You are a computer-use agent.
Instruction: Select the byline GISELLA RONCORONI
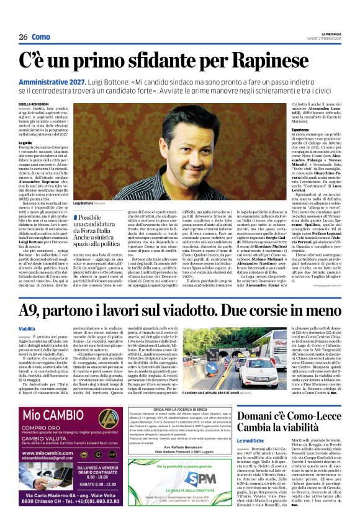coord(33,104)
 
